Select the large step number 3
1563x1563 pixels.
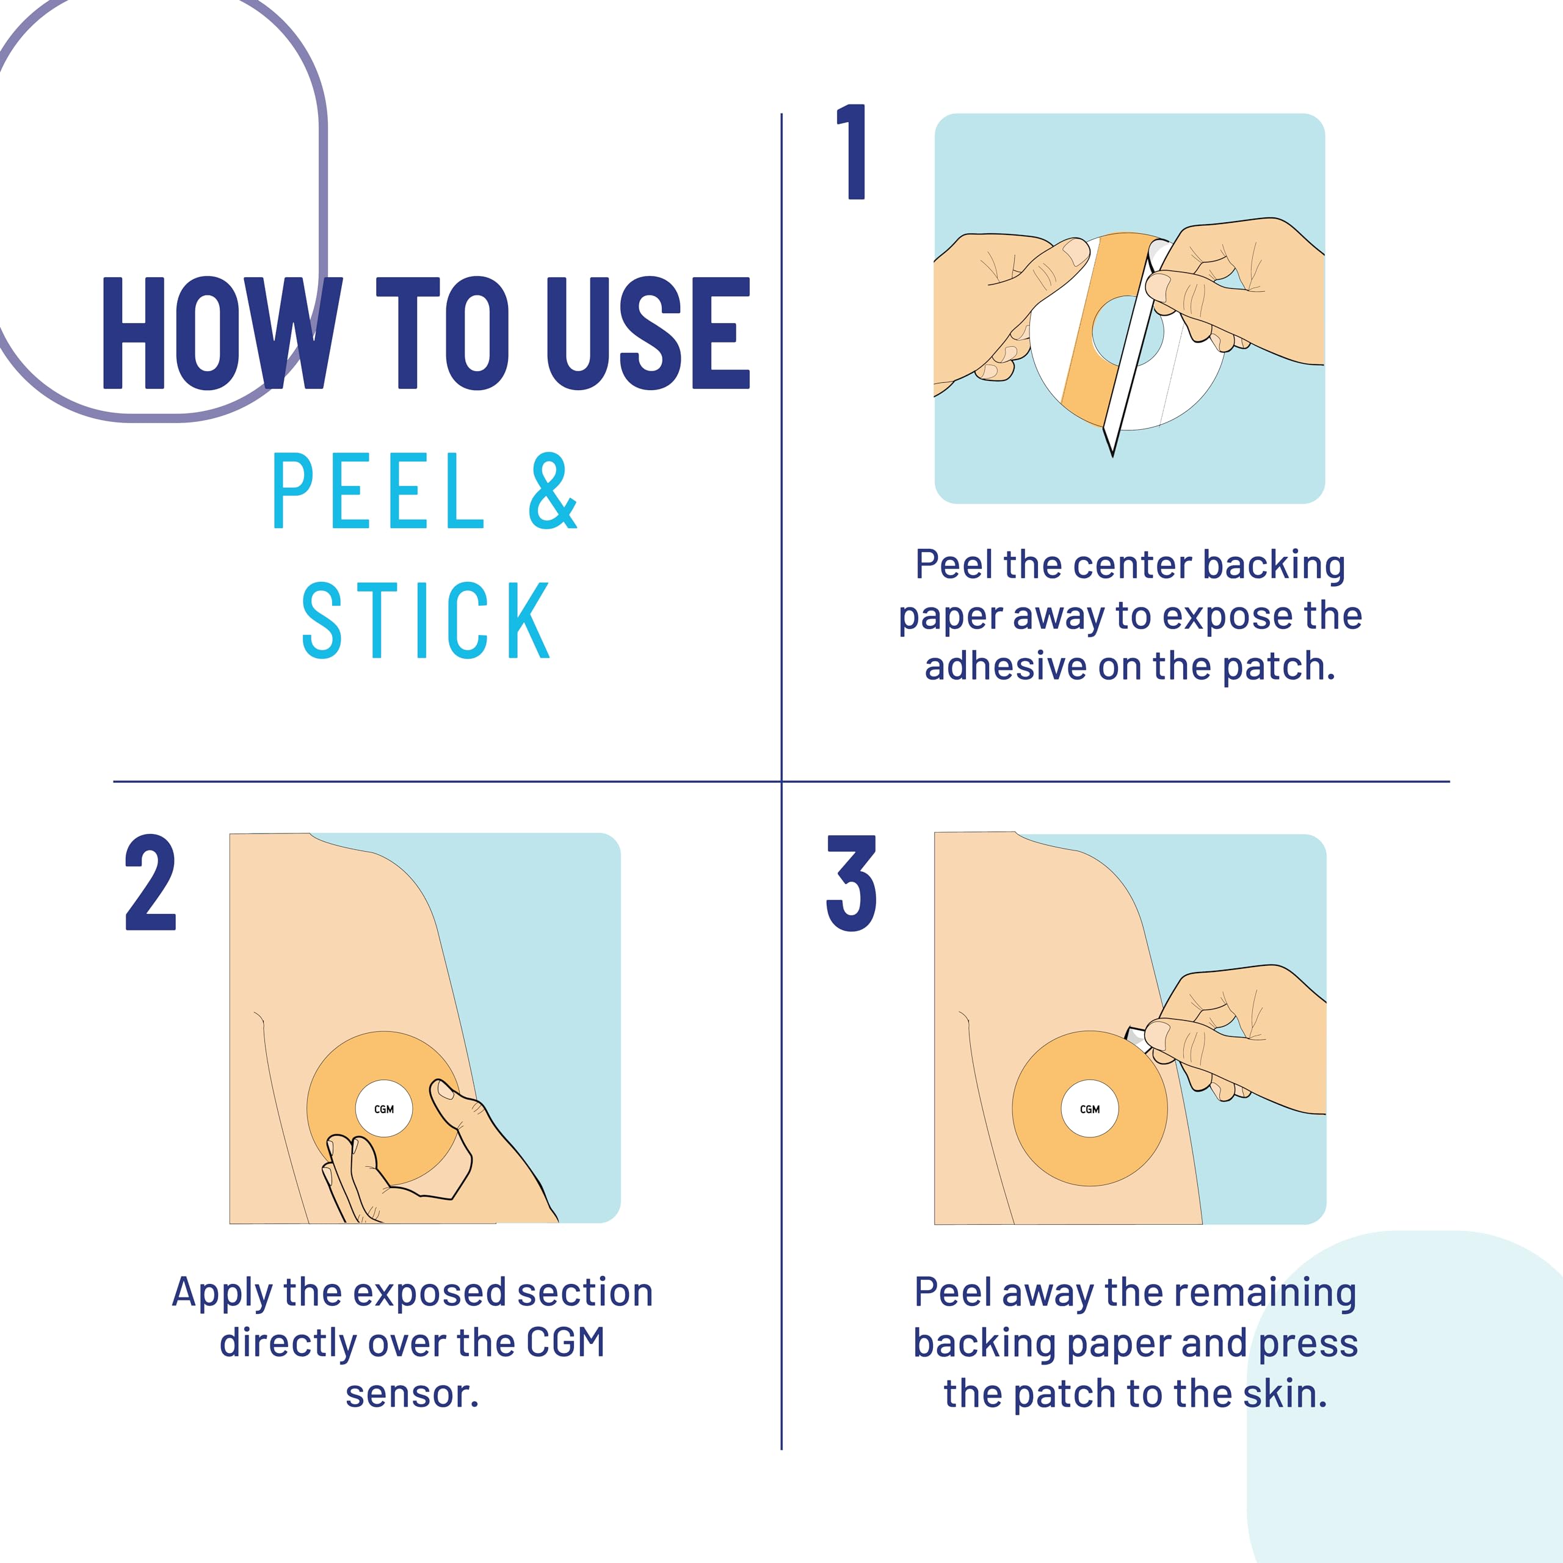851,883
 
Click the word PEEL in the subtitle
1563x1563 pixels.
379,491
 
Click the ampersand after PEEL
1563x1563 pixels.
553,491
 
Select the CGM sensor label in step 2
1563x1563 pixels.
384,1109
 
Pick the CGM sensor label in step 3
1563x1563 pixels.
1090,1109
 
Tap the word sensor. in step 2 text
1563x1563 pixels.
413,1394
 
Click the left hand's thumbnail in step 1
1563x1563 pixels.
1076,252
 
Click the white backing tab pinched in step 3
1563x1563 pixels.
1137,1036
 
